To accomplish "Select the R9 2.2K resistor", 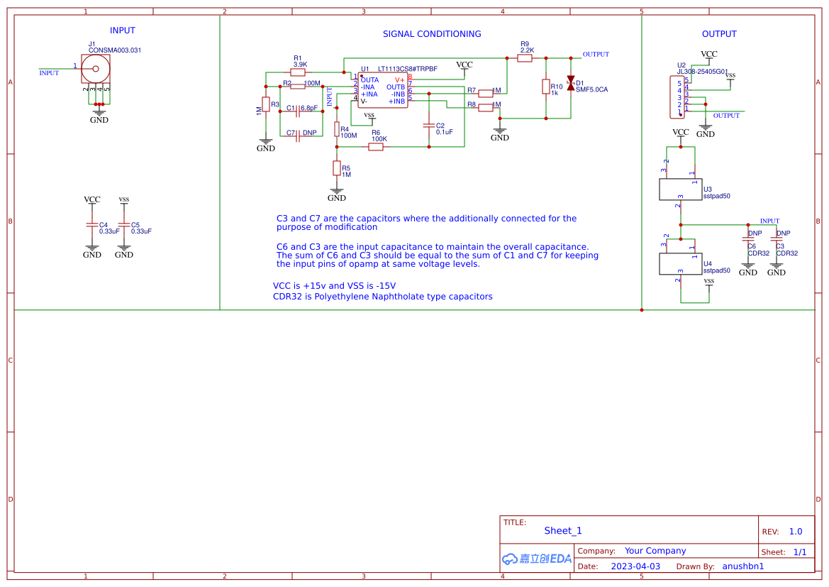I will [x=525, y=58].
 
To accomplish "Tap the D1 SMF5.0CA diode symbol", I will [x=570, y=82].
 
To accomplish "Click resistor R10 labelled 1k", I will [x=545, y=87].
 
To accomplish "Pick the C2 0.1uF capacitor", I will [x=428, y=125].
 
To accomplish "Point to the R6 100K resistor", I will [x=376, y=147].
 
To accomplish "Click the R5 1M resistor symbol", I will [x=337, y=168].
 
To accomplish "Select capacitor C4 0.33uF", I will [x=91, y=225].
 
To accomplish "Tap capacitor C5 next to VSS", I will [x=124, y=225].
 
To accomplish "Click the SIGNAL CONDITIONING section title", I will [x=431, y=34].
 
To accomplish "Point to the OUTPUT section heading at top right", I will [x=718, y=34].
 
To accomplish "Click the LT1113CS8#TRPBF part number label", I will [x=407, y=69].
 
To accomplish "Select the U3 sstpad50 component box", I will [x=680, y=190].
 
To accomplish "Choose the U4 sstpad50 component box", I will [x=680, y=264].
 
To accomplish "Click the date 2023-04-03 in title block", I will [x=635, y=566].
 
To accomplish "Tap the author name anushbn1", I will [x=742, y=566].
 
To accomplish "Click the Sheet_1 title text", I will [x=562, y=531].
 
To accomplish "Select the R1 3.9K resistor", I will [x=299, y=72].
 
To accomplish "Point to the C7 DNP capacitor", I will [x=299, y=133].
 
